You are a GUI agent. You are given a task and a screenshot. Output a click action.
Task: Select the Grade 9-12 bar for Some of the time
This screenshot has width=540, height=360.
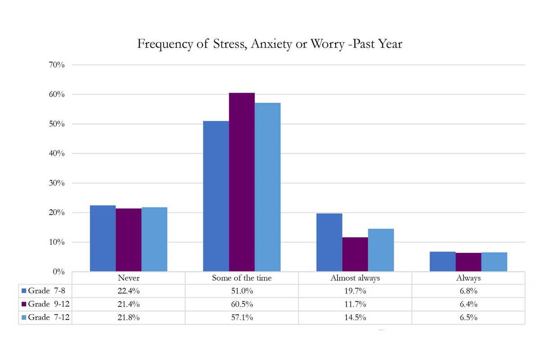pyautogui.click(x=242, y=182)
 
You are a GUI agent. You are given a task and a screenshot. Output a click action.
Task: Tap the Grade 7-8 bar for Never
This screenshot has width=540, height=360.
pyautogui.click(x=103, y=238)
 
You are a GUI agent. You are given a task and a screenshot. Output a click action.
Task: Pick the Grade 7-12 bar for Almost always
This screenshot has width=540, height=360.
pyautogui.click(x=381, y=250)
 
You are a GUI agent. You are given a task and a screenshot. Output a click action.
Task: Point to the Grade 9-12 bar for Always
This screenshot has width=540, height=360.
pyautogui.click(x=468, y=262)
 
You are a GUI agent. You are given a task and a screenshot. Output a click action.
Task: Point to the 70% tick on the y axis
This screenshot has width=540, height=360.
pyautogui.click(x=57, y=65)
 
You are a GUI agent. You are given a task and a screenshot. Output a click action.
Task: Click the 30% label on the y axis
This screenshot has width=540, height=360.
pyautogui.click(x=57, y=183)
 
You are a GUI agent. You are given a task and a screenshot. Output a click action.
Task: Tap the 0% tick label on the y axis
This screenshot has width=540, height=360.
pyautogui.click(x=59, y=272)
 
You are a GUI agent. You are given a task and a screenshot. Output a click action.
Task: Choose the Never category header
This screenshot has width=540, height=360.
pyautogui.click(x=128, y=278)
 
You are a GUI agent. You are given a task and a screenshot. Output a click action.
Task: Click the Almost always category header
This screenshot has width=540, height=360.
pyautogui.click(x=355, y=278)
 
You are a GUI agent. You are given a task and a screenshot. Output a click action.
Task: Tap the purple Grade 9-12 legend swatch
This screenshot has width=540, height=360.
pyautogui.click(x=24, y=304)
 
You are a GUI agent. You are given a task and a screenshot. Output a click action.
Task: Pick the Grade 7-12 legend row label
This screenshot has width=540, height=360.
pyautogui.click(x=48, y=318)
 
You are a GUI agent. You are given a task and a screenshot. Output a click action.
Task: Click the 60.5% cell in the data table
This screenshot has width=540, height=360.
pyautogui.click(x=242, y=304)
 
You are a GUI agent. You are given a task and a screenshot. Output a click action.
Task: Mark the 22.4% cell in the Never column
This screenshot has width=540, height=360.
pyautogui.click(x=128, y=291)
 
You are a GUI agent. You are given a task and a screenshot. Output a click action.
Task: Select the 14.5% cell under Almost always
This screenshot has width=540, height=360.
pyautogui.click(x=355, y=318)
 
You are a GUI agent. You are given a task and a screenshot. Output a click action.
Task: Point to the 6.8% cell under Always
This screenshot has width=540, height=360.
pyautogui.click(x=468, y=291)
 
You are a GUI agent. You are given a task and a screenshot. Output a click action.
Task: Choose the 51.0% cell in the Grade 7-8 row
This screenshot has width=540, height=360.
pyautogui.click(x=242, y=291)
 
